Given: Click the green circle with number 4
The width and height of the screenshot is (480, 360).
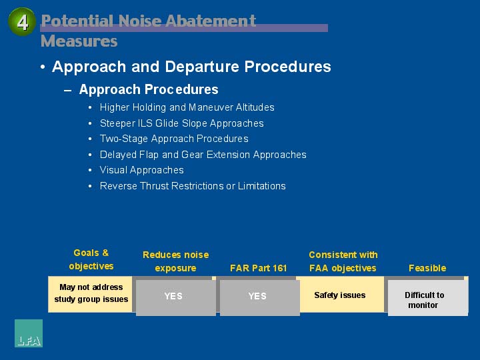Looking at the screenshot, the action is click(22, 22).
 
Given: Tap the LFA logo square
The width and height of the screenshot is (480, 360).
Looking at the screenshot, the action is click(29, 333).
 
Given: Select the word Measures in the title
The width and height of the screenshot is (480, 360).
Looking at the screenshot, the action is click(79, 41).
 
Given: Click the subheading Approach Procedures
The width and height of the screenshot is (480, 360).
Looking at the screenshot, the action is click(149, 89).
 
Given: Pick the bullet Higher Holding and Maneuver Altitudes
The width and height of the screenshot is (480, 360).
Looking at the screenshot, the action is click(187, 107).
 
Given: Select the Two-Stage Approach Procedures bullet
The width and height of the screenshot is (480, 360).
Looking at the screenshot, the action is click(174, 139).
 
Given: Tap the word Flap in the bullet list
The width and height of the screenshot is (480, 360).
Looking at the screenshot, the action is click(149, 155).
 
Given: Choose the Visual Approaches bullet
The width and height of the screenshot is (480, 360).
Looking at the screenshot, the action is click(142, 170).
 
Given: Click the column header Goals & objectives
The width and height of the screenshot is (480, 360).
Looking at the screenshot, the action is click(91, 259).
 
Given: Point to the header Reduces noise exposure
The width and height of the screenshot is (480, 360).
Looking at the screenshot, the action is click(176, 261).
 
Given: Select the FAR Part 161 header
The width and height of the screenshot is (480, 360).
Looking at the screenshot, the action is click(259, 268).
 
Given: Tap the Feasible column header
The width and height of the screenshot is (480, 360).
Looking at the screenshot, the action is click(427, 268).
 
